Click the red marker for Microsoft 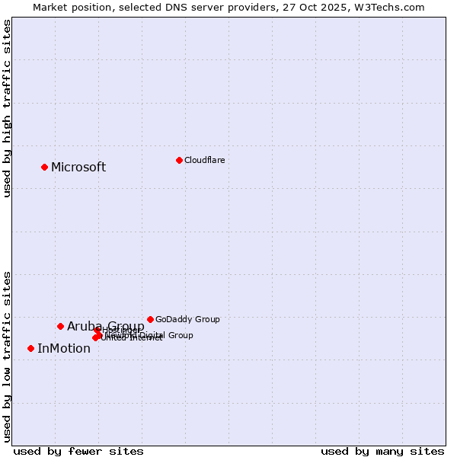45,167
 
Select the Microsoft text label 78,168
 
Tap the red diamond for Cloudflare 179,160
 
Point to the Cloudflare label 204,160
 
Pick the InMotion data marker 31,348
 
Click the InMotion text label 64,349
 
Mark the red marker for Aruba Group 61,326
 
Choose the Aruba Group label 106,327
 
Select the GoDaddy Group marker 150,319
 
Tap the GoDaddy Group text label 187,319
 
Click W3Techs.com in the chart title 391,7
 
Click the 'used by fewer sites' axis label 78,451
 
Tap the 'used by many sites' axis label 382,451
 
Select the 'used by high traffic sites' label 7,109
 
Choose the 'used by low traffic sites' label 7,356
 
